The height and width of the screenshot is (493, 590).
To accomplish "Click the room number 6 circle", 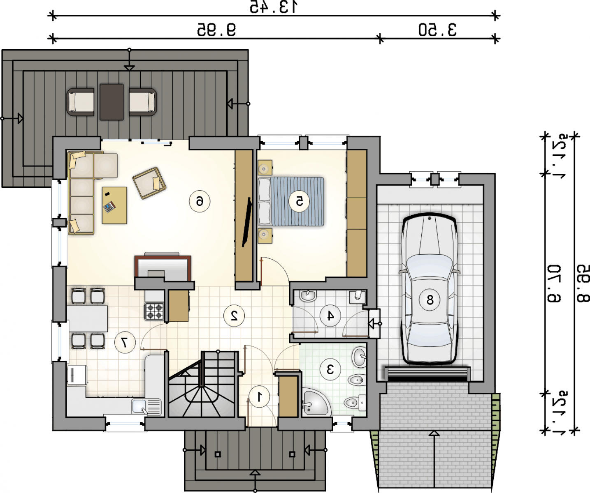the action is pos(200,201).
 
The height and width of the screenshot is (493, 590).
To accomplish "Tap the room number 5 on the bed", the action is pos(299,201).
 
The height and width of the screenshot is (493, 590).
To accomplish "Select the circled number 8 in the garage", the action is pos(430,299).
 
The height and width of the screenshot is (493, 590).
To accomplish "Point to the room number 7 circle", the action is pos(125,342).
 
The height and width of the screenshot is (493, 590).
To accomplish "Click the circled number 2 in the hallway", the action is pos(234,316).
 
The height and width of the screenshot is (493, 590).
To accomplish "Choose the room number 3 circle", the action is pos(330,369).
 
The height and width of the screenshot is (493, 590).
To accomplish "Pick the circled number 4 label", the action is pos(330,316).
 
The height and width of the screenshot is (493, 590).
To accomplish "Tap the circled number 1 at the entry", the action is pos(259,397).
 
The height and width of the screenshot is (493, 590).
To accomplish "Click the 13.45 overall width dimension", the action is pos(273,7).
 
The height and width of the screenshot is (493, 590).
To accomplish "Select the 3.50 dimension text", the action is pos(437,30).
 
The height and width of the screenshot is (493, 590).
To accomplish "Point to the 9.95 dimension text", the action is pos(216,30).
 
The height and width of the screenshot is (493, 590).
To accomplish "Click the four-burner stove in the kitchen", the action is pos(154,311).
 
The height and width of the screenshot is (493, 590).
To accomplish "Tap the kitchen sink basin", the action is pos(139,406).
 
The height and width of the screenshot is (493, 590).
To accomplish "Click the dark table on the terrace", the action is pos(111,102).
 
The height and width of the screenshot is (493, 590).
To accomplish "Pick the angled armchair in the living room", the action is pos(149,183).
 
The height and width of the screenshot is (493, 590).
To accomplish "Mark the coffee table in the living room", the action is pos(114,205).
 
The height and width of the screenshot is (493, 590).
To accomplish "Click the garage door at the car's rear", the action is pos(428,374).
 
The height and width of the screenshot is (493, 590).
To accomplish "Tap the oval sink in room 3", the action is pos(359,357).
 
